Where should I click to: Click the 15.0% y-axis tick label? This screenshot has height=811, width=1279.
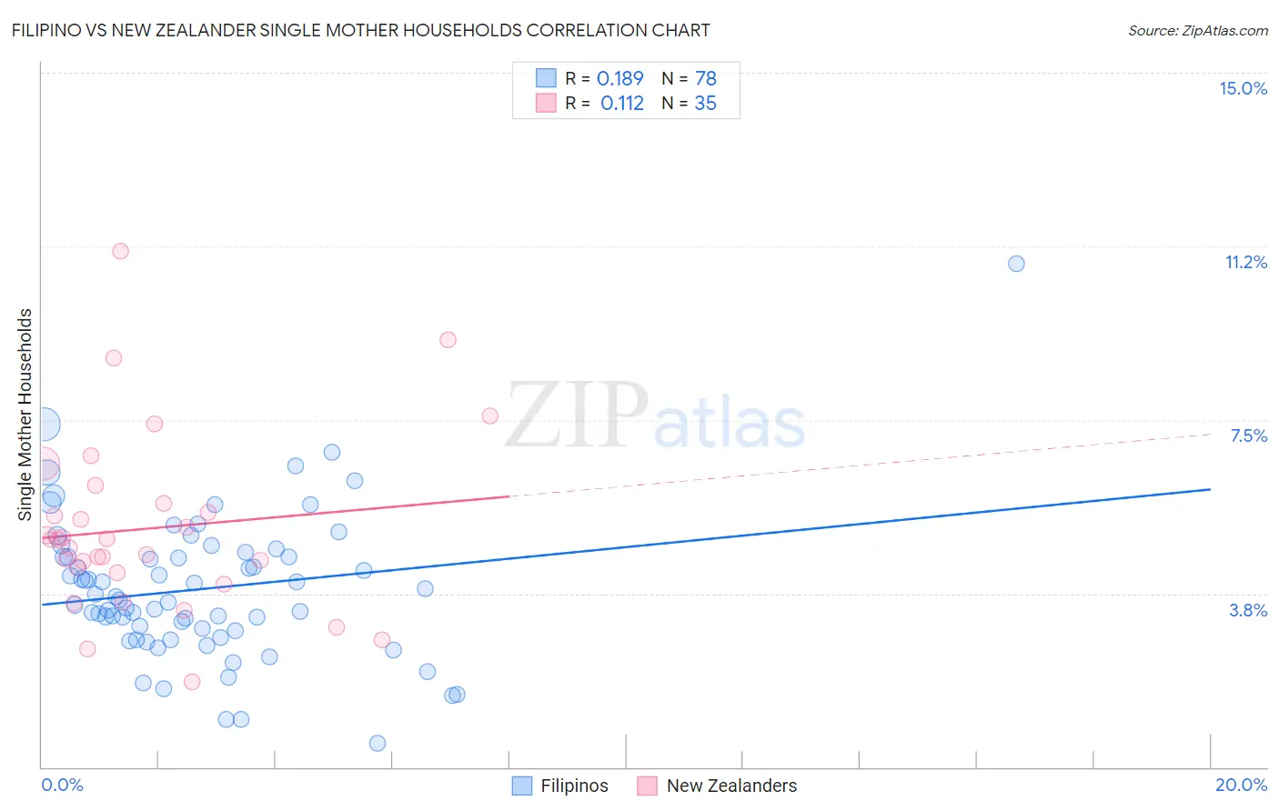(1243, 88)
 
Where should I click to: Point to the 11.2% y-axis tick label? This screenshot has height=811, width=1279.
(1245, 262)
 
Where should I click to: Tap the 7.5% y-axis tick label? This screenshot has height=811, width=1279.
(1248, 436)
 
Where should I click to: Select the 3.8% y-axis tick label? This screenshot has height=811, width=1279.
(1248, 610)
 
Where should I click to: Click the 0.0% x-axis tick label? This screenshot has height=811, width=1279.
(62, 785)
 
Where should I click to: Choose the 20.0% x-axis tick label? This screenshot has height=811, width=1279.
(1241, 785)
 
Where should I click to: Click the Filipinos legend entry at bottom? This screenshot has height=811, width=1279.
(560, 786)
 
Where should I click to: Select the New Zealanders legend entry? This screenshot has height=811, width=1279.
(718, 786)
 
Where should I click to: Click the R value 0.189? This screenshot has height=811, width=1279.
(619, 79)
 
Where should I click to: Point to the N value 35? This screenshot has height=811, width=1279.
(705, 104)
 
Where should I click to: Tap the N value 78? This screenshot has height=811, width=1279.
(705, 79)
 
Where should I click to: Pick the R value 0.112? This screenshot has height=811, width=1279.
(621, 104)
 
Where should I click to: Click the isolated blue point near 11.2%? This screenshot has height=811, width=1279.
(1016, 264)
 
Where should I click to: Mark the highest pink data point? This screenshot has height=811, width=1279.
(120, 251)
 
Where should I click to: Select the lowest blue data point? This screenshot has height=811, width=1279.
(378, 743)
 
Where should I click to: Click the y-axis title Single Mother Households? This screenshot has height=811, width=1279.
(25, 414)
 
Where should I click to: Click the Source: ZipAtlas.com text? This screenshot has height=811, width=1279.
(1197, 30)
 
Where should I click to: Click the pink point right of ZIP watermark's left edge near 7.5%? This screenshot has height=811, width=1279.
(490, 416)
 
